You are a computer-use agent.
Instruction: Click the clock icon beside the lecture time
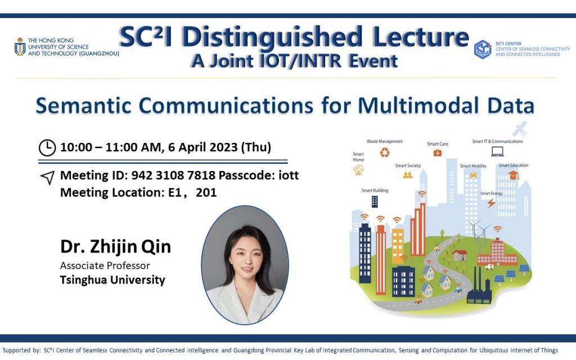click(47, 147)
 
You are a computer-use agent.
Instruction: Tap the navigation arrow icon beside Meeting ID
click(47, 178)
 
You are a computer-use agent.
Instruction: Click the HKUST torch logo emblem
click(20, 47)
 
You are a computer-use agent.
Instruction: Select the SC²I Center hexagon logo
click(483, 49)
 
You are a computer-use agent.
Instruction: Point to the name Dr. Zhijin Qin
click(115, 247)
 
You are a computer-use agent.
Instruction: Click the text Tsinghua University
click(112, 280)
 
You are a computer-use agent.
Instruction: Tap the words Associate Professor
click(105, 265)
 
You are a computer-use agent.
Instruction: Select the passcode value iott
click(289, 175)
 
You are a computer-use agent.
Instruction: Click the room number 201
click(206, 192)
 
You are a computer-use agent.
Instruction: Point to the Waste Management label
click(385, 141)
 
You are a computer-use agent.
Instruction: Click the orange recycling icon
click(385, 152)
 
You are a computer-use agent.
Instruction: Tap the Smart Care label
click(437, 144)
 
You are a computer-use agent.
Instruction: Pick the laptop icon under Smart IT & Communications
click(497, 151)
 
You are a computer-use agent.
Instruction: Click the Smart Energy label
click(491, 193)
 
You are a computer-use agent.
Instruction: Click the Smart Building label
click(375, 190)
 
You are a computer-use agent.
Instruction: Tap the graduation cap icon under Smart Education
click(513, 175)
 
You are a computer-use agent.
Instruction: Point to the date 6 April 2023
click(200, 147)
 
